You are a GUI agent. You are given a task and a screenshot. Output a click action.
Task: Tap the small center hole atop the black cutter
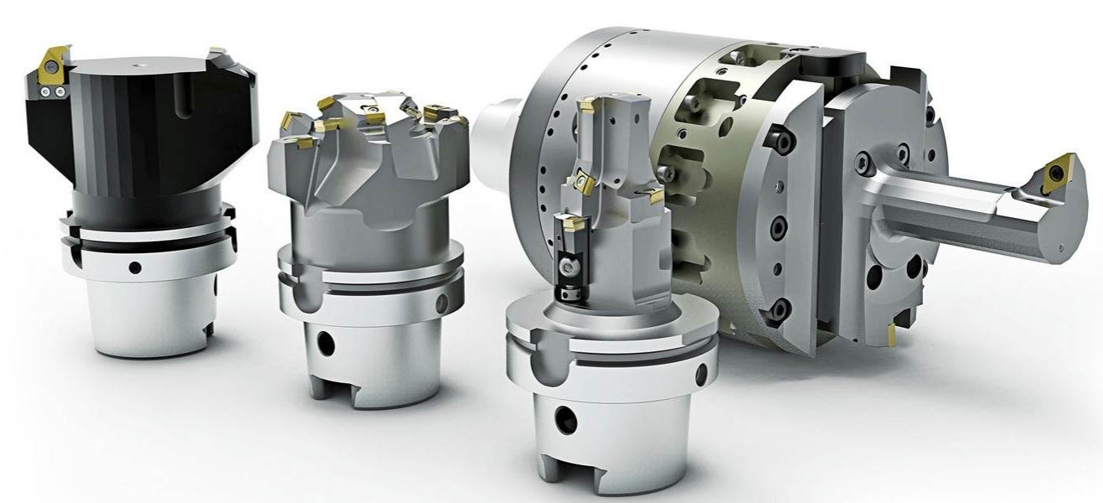(x=136, y=62)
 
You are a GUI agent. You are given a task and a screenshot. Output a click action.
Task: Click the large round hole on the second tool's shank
(x=326, y=343)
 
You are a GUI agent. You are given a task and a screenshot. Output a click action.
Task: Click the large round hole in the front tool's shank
(x=566, y=419)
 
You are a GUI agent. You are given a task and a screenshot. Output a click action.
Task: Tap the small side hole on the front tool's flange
(x=700, y=376)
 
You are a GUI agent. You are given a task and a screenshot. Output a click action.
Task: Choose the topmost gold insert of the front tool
(x=589, y=106)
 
